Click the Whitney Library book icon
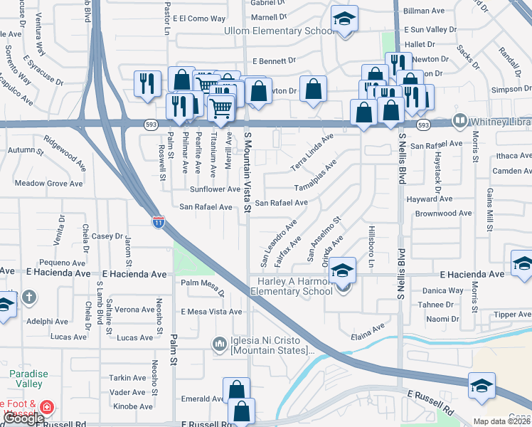pos(459,121)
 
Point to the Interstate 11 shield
pos(159,221)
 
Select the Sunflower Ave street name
pos(215,189)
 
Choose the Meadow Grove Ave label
pos(48,184)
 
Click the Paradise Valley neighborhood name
pos(29,379)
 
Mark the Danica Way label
pos(442,290)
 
